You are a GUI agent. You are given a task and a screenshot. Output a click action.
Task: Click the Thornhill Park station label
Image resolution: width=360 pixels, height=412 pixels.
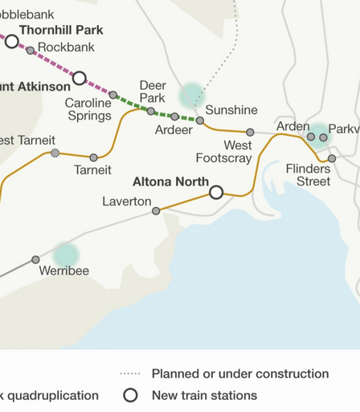pyautogui.click(x=61, y=31)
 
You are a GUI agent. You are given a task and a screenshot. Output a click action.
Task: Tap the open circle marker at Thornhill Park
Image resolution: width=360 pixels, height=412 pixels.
pyautogui.click(x=12, y=41)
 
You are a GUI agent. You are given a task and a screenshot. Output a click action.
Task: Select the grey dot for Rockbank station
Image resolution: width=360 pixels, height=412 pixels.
pyautogui.click(x=31, y=51)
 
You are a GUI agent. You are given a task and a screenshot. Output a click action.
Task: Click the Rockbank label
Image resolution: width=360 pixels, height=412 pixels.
pyautogui.click(x=67, y=47)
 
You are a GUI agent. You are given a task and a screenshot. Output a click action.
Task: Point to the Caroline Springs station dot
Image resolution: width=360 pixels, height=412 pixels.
pyautogui.click(x=113, y=95)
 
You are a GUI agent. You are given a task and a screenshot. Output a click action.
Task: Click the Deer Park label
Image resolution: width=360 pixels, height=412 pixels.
pyautogui.click(x=153, y=92)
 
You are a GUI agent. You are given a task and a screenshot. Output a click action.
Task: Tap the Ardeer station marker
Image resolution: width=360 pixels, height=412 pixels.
pyautogui.click(x=174, y=116)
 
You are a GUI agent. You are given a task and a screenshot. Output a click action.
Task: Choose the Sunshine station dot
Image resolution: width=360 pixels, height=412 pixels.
pyautogui.click(x=200, y=120)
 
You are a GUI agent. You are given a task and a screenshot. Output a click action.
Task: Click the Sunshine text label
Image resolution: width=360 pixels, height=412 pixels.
pyautogui.click(x=231, y=110)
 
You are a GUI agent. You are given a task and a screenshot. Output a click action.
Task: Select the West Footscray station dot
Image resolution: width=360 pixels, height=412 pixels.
pyautogui.click(x=250, y=132)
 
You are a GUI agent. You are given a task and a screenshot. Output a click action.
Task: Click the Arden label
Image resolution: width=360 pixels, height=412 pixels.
pyautogui.click(x=292, y=127)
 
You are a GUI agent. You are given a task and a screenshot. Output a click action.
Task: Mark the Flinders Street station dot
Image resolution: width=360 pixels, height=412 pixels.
pyautogui.click(x=331, y=158)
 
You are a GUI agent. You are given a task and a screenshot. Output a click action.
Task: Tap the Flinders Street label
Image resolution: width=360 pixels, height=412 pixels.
pyautogui.click(x=308, y=175)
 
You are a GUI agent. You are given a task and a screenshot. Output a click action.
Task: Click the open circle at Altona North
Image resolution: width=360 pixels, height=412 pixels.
pyautogui.click(x=215, y=193)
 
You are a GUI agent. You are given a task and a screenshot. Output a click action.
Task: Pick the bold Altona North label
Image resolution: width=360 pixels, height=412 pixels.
pyautogui.click(x=170, y=182)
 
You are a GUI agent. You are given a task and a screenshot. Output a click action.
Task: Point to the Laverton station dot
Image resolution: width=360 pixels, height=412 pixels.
pyautogui.click(x=156, y=210)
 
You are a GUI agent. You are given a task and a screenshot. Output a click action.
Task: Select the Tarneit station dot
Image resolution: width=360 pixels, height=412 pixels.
pyautogui.click(x=94, y=157)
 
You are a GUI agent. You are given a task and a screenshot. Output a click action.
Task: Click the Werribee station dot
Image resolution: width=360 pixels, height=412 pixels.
pyautogui.click(x=35, y=259)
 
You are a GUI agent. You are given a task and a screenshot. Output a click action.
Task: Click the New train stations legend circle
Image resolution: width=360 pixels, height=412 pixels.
pyautogui.click(x=130, y=395)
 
